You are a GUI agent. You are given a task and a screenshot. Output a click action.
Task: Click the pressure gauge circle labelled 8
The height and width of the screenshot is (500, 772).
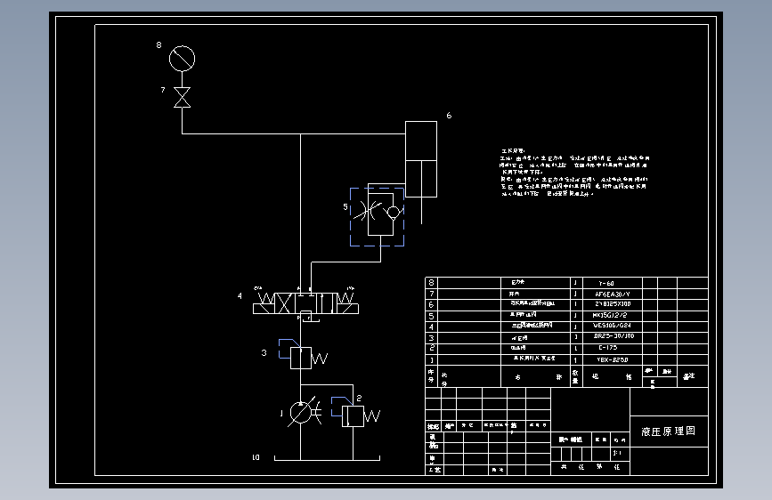point(182,59)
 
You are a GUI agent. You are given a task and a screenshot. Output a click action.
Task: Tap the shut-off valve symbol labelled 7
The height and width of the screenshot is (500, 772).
point(182,97)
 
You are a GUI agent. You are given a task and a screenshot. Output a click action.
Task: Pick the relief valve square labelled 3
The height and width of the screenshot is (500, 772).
point(300,358)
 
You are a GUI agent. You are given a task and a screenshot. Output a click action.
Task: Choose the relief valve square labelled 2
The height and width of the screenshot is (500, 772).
point(353,415)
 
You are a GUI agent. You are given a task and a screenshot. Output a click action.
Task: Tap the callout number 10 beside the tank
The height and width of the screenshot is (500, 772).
point(256,458)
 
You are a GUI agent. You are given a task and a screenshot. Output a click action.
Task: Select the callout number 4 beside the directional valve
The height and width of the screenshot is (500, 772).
point(239,295)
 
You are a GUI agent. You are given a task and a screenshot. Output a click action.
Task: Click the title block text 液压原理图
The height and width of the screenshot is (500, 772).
point(668,431)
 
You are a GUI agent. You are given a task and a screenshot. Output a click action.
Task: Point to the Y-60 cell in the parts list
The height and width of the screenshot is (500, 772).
point(605,283)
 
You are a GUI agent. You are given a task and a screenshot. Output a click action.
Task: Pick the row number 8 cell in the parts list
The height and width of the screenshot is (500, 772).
point(431,283)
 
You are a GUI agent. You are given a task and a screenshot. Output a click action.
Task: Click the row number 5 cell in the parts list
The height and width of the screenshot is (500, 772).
point(431,316)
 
